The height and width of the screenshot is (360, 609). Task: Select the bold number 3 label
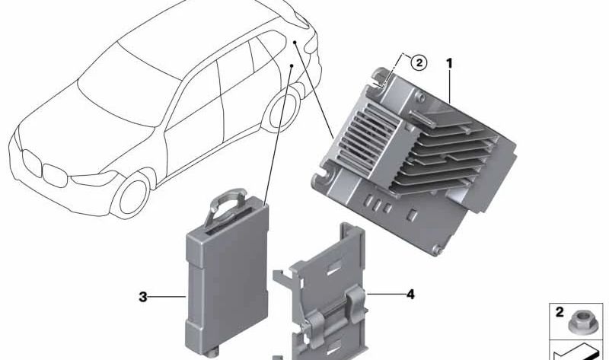tap(142, 297)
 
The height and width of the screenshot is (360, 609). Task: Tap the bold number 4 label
tap(410, 292)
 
